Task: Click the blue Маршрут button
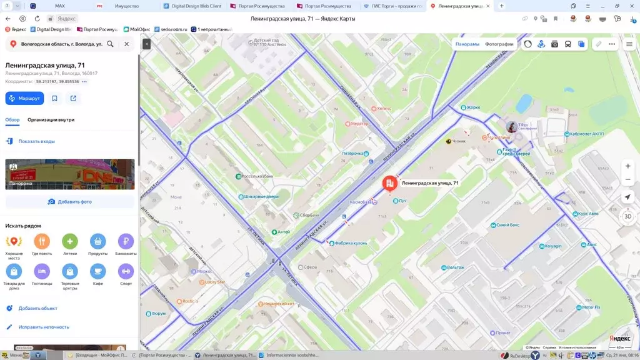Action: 24,98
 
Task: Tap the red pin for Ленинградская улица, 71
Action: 389,183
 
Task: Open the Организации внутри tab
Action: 51,119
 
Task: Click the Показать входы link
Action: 36,141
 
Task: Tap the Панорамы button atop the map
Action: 467,44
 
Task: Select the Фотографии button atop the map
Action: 499,44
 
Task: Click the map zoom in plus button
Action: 627,166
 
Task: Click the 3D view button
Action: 627,216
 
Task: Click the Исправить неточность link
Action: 44,327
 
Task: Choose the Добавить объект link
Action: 37,308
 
